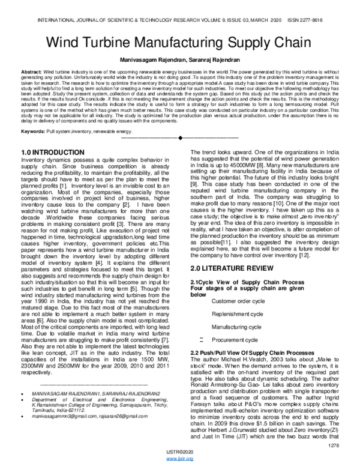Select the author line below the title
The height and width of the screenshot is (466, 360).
[180, 61]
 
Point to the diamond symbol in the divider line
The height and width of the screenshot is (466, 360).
[180, 139]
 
